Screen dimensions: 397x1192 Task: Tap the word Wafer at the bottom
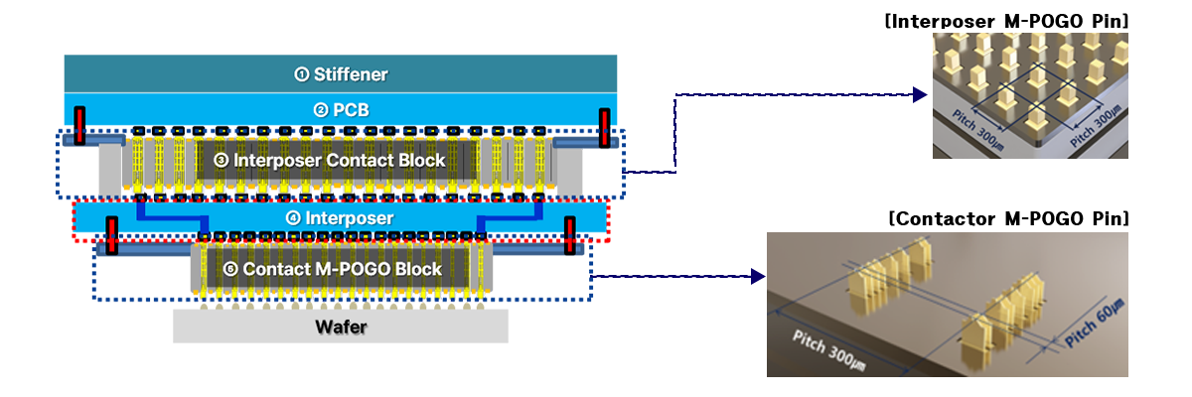(x=340, y=326)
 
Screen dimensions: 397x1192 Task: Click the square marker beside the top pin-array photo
(x=920, y=94)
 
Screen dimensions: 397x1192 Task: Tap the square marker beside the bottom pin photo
(x=758, y=275)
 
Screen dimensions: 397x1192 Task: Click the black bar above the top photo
(x=1006, y=21)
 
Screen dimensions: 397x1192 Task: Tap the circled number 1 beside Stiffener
(x=302, y=74)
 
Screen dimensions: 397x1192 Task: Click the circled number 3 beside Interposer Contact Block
(x=222, y=161)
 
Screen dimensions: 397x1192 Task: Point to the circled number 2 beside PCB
(x=321, y=110)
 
